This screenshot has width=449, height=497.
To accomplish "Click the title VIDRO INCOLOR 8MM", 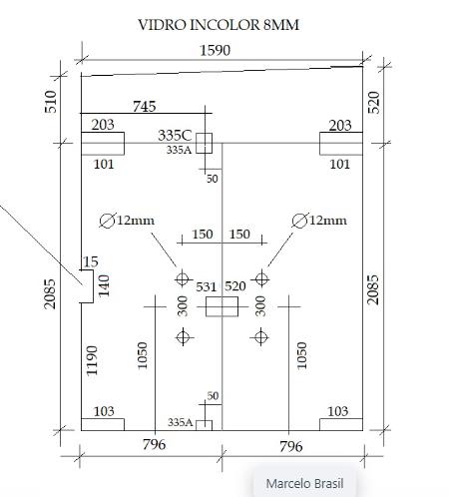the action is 219,25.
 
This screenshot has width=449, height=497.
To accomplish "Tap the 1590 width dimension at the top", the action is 215,50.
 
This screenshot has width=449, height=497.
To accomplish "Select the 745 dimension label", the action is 145,107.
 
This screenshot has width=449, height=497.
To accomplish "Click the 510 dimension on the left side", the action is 50,102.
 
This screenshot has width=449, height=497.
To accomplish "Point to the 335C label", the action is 175,136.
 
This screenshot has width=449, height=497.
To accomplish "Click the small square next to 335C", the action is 204,143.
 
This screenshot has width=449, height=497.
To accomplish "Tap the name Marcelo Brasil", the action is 304,483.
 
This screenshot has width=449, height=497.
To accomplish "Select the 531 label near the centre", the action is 207,286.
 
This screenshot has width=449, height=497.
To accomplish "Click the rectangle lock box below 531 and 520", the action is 222,306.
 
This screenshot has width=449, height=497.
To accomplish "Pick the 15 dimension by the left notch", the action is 90,261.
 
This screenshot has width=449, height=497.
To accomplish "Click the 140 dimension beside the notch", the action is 104,285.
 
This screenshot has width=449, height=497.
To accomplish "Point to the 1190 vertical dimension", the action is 92,361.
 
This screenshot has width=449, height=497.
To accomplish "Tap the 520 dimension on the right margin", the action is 374,103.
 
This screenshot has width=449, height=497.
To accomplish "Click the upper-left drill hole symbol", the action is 183,278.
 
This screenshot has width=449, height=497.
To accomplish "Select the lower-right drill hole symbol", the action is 260,337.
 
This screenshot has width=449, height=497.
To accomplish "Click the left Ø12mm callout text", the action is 127,221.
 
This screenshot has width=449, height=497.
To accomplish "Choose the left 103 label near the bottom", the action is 104,411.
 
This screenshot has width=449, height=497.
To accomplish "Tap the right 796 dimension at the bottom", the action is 291,446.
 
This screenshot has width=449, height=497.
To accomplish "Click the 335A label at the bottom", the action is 181,422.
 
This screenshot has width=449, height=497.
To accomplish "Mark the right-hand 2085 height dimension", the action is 373,289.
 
